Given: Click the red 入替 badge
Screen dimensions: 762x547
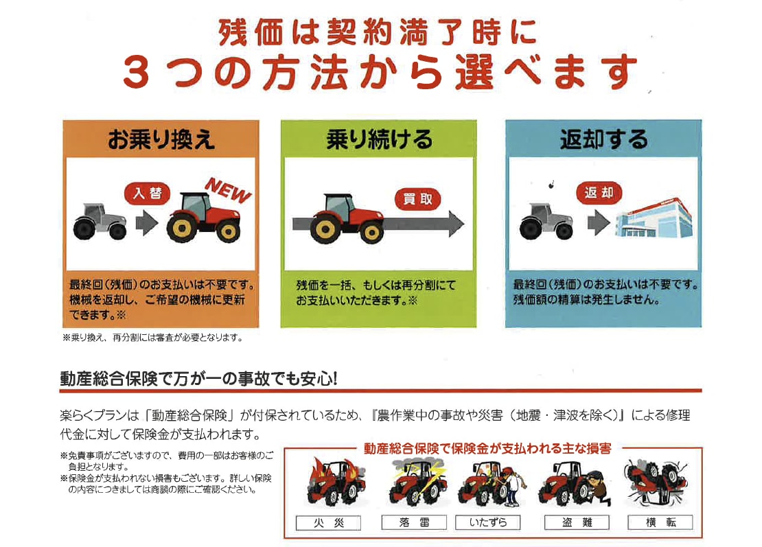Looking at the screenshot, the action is tap(148, 194).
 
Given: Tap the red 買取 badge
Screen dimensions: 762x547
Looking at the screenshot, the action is tap(418, 199).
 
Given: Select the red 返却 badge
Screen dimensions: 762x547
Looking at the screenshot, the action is tap(599, 193).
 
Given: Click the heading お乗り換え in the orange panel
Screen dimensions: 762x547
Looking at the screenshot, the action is tap(161, 140).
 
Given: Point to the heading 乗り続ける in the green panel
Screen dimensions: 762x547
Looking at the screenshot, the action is tap(379, 139).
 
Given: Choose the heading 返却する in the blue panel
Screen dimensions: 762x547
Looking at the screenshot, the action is tap(603, 139).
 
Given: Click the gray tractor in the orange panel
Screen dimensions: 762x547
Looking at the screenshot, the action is tap(100, 222).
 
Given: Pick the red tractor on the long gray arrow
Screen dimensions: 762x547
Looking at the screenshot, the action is tap(347, 218).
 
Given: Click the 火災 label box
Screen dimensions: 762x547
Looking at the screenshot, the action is tap(329, 523).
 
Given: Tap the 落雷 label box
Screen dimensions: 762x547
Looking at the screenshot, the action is tap(414, 522).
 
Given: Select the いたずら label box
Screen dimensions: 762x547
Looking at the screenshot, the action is tap(488, 522).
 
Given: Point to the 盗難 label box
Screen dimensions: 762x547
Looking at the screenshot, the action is tap(577, 522).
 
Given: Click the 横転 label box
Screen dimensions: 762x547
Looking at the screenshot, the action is tap(660, 522).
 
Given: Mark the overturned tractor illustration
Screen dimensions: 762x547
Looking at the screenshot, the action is tap(657, 484).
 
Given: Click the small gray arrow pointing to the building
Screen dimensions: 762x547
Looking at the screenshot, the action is tap(599, 223).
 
